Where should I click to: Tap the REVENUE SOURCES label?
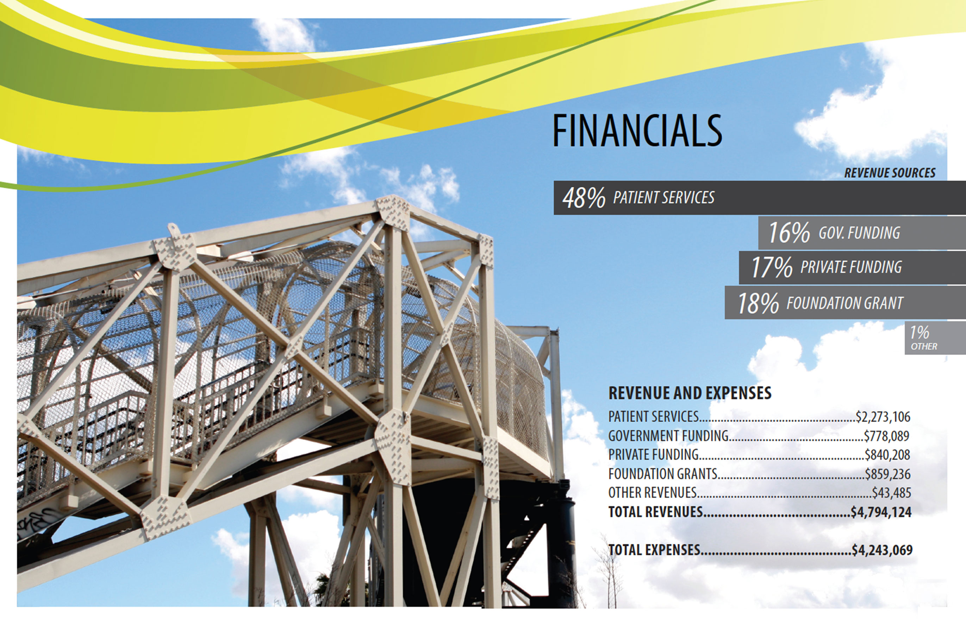click(x=890, y=173)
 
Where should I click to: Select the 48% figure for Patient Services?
click(x=584, y=198)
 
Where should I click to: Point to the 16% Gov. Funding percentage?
click(x=789, y=233)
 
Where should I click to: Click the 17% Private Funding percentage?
click(x=772, y=267)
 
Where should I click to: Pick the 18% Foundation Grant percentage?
click(x=758, y=303)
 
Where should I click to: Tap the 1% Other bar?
click(x=935, y=338)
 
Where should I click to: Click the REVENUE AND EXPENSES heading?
click(x=690, y=393)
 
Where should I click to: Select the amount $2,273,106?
click(x=883, y=417)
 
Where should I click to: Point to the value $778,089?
click(x=886, y=436)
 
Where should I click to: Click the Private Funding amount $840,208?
click(x=887, y=455)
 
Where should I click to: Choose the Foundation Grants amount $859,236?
click(x=888, y=474)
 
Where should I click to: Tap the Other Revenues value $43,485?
click(x=892, y=493)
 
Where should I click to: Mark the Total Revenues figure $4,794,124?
click(x=881, y=512)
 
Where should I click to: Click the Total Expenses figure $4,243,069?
click(x=882, y=550)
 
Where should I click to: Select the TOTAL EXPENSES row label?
click(x=654, y=550)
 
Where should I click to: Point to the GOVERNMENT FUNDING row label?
click(x=668, y=436)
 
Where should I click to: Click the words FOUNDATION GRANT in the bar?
click(x=845, y=303)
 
